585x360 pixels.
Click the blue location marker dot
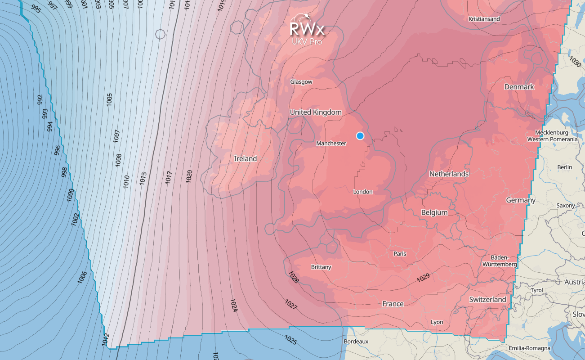360,135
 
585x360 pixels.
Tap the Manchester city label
331,144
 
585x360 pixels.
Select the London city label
363,192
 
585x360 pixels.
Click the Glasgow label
301,82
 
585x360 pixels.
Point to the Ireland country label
246,158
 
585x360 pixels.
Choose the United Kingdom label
316,112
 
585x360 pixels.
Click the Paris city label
400,254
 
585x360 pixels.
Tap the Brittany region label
321,267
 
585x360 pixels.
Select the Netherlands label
449,174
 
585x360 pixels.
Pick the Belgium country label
434,212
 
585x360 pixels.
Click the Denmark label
519,86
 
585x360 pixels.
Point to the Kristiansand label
484,19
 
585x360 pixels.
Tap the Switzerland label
487,299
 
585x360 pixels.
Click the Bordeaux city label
356,342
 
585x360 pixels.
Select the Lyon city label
437,322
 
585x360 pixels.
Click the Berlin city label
565,167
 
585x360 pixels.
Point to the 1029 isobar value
423,278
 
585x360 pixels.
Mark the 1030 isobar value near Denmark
575,61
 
